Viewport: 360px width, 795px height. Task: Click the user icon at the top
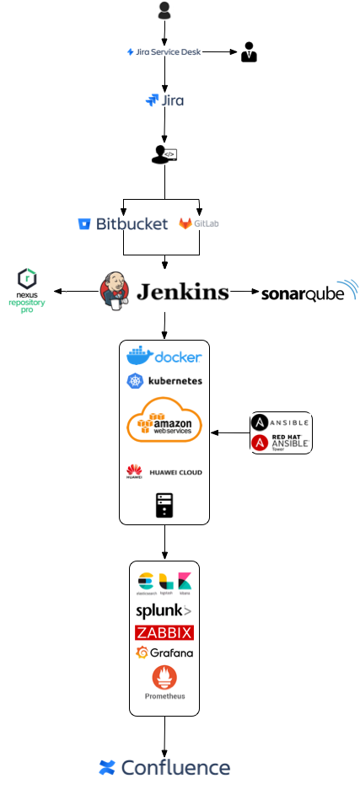click(164, 10)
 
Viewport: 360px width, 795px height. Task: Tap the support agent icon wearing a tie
click(248, 52)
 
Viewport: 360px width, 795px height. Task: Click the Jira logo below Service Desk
click(164, 100)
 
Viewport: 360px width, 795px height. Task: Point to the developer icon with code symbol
click(164, 153)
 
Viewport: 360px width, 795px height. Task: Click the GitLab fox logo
click(185, 223)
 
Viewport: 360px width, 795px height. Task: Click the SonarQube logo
click(309, 292)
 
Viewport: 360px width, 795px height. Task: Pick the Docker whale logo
click(164, 356)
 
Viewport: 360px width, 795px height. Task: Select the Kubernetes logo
click(164, 381)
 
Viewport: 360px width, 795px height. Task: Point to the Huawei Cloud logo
click(164, 472)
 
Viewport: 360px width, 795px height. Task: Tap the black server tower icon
click(164, 505)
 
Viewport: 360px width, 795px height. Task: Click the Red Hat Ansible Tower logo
click(281, 443)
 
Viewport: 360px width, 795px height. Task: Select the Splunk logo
click(164, 610)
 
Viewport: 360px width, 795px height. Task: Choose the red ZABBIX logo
click(164, 632)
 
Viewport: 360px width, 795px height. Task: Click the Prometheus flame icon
click(164, 679)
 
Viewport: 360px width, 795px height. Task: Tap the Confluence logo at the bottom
click(164, 767)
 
